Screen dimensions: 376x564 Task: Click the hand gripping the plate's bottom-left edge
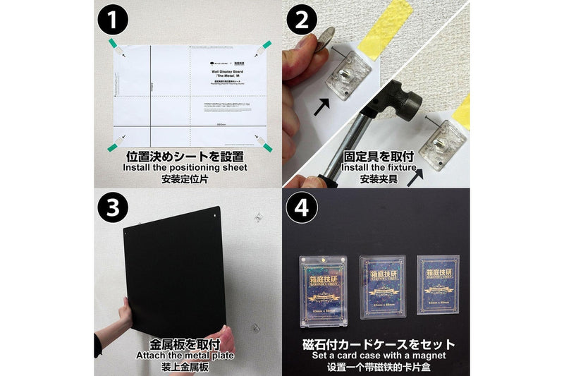coord(125,317)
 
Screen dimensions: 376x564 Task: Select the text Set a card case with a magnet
coord(376,356)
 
